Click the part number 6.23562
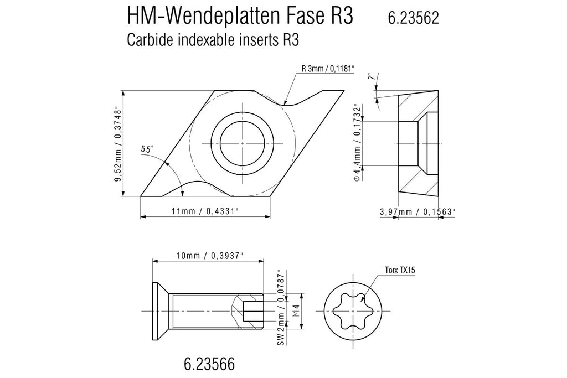[413, 18]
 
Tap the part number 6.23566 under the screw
[209, 364]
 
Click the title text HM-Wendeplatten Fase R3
[240, 16]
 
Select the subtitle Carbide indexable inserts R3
[213, 40]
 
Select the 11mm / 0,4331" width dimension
[205, 211]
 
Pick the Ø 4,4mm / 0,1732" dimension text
[357, 143]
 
